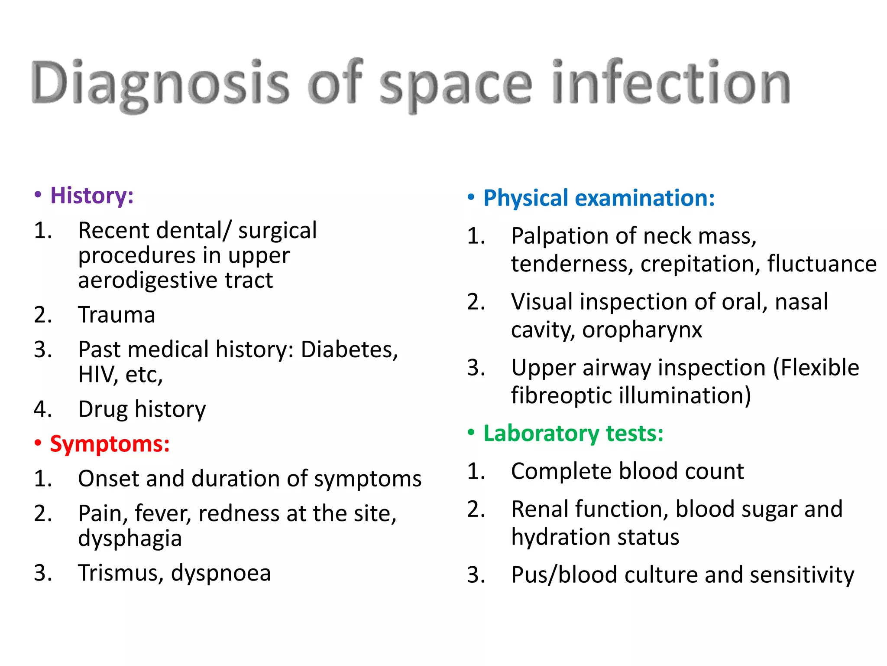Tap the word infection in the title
coord(671,82)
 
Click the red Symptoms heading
coord(110,444)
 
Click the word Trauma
coord(117,315)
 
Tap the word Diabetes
coord(349,349)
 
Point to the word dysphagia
coord(130,539)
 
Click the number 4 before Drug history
coord(42,409)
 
